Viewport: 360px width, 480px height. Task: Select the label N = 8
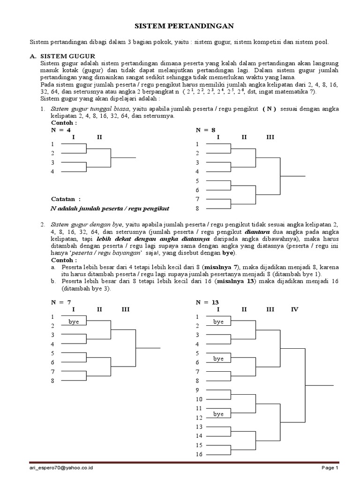pyautogui.click(x=206, y=130)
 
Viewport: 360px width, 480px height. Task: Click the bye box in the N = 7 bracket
pyautogui.click(x=74, y=322)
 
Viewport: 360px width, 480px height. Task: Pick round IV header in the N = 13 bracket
pyautogui.click(x=294, y=309)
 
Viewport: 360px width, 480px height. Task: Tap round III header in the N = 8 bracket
pyautogui.click(x=270, y=137)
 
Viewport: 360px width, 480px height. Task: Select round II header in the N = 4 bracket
pyautogui.click(x=99, y=137)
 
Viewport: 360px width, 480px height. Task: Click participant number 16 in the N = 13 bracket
pyautogui.click(x=199, y=454)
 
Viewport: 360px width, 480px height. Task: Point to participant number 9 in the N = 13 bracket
pyautogui.click(x=198, y=390)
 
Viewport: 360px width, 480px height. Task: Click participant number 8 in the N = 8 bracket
pyautogui.click(x=198, y=208)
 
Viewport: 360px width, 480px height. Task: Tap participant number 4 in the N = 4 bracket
pyautogui.click(x=53, y=172)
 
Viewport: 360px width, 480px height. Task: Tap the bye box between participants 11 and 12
pyautogui.click(x=218, y=414)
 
